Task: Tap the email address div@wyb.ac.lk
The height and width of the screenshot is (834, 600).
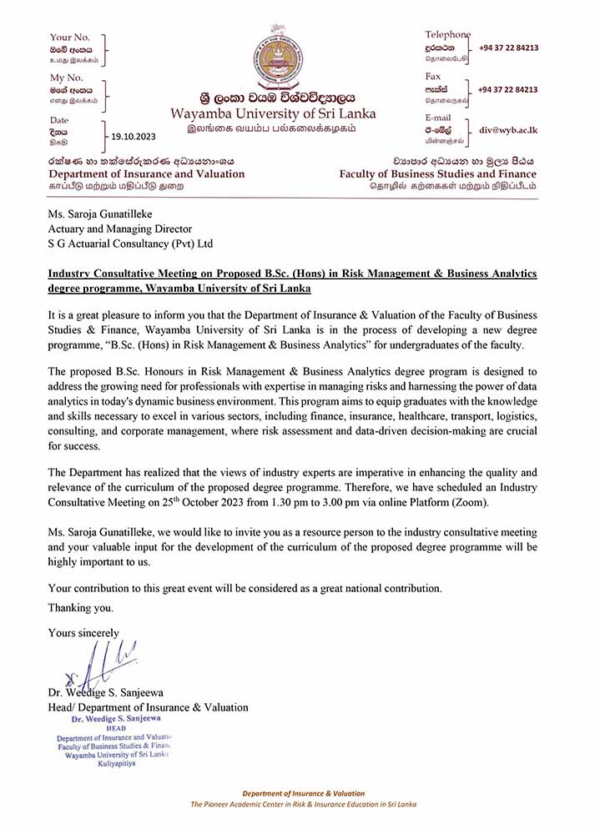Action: click(x=508, y=131)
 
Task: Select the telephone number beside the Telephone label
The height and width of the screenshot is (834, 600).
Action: click(x=508, y=48)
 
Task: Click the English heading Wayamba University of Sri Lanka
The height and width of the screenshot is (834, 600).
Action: click(x=274, y=113)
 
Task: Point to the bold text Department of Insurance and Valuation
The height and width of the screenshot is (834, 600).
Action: click(x=147, y=173)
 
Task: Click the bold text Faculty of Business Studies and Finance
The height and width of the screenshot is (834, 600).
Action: click(x=438, y=173)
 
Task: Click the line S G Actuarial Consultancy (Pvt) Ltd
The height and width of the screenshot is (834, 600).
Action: click(x=131, y=244)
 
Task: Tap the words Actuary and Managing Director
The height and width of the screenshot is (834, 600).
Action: click(x=120, y=229)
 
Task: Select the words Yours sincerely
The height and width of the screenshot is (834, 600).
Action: click(x=83, y=632)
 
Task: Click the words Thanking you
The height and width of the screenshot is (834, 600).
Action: click(x=81, y=607)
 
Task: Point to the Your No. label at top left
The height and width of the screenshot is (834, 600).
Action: click(x=70, y=37)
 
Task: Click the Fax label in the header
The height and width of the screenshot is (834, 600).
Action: click(x=435, y=76)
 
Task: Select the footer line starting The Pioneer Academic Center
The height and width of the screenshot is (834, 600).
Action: click(x=303, y=804)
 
